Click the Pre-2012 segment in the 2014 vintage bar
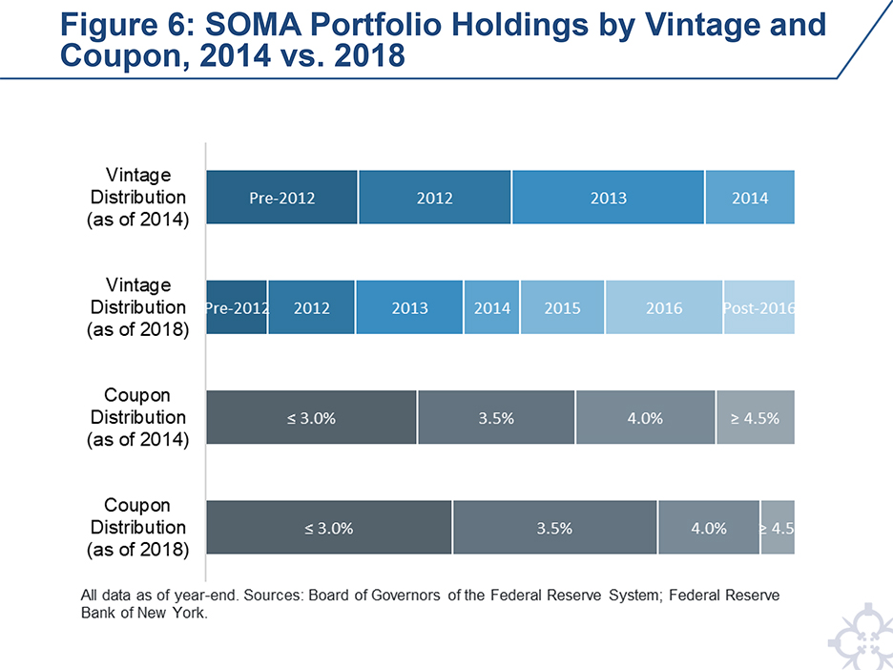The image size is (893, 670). (x=282, y=198)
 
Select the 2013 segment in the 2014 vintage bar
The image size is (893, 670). (x=608, y=198)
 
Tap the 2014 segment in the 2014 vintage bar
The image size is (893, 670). (x=750, y=198)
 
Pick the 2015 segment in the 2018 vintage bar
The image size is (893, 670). (x=562, y=308)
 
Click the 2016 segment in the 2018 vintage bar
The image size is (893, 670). (x=664, y=308)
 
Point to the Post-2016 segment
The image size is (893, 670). (x=759, y=308)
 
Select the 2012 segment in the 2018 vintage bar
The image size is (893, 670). (x=311, y=308)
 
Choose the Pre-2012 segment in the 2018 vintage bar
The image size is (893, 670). (x=237, y=308)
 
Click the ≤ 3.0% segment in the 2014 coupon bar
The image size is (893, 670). (x=311, y=418)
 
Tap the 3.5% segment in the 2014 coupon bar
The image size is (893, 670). (x=496, y=418)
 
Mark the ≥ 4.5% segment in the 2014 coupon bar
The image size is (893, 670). (x=755, y=418)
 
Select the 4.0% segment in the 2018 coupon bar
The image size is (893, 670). (x=709, y=528)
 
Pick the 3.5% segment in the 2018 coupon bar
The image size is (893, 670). (x=554, y=528)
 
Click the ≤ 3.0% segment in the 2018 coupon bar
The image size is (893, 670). (x=329, y=528)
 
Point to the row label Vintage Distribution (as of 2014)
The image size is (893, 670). (x=138, y=198)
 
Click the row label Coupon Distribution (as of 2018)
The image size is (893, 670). (x=138, y=527)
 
